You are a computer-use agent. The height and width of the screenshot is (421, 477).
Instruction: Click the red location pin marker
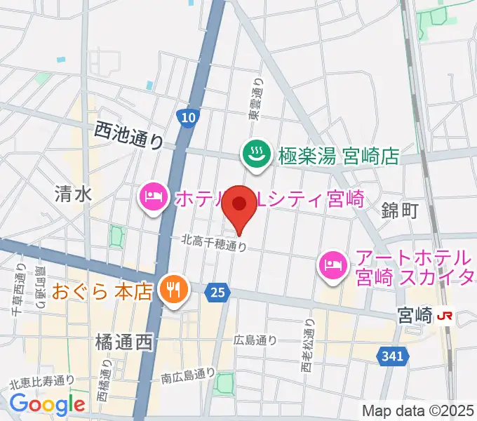[239, 206]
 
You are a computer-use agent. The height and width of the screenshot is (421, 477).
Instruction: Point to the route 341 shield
[394, 357]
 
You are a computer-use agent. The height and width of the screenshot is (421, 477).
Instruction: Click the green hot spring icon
[254, 153]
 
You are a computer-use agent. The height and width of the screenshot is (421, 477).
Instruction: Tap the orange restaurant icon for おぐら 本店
[171, 288]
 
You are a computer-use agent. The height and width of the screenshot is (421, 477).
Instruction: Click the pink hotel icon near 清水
[152, 197]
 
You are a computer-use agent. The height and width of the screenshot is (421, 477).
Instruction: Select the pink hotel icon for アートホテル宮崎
[330, 265]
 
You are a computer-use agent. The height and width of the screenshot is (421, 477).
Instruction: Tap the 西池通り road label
[128, 135]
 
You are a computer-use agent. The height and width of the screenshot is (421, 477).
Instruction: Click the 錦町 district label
[400, 209]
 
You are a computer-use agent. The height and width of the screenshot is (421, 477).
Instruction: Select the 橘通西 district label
[123, 342]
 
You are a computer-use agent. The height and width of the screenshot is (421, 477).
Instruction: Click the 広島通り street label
[256, 340]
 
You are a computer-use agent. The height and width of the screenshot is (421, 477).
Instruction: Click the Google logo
[47, 403]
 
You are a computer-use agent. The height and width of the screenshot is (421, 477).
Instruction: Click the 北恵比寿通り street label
[41, 381]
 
